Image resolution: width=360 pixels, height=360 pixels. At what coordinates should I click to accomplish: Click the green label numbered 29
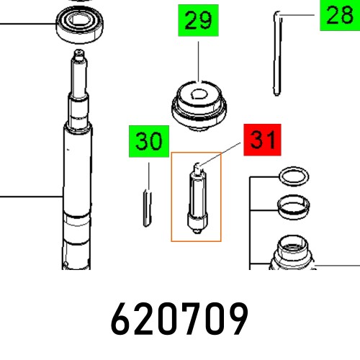click(199, 21)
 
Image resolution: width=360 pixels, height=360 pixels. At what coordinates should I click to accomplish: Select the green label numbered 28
click(338, 15)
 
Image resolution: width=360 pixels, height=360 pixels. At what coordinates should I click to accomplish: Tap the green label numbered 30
click(148, 142)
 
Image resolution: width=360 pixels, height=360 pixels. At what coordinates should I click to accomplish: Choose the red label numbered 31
click(264, 140)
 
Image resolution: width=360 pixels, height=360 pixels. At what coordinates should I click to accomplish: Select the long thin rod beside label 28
click(276, 58)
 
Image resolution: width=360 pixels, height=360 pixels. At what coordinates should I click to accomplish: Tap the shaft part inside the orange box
click(195, 198)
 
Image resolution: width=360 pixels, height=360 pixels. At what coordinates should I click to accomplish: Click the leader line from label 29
click(199, 61)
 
